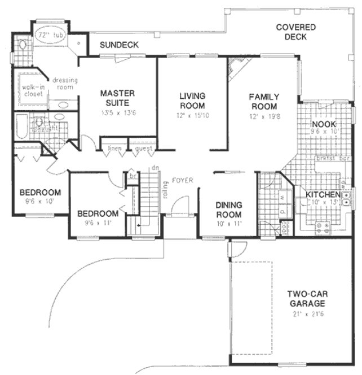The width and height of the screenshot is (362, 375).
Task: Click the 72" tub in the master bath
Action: point(50,35)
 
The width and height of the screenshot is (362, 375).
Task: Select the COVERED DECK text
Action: point(295,32)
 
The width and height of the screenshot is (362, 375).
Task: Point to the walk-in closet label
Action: point(25,90)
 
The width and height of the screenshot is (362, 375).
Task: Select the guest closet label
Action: point(142,149)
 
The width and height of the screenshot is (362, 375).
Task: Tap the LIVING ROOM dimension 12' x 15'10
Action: point(192,116)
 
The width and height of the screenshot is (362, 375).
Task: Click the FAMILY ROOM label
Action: point(263,102)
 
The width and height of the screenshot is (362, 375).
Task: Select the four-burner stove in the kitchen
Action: point(325,227)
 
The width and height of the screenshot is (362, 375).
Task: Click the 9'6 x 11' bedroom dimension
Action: point(98,223)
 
